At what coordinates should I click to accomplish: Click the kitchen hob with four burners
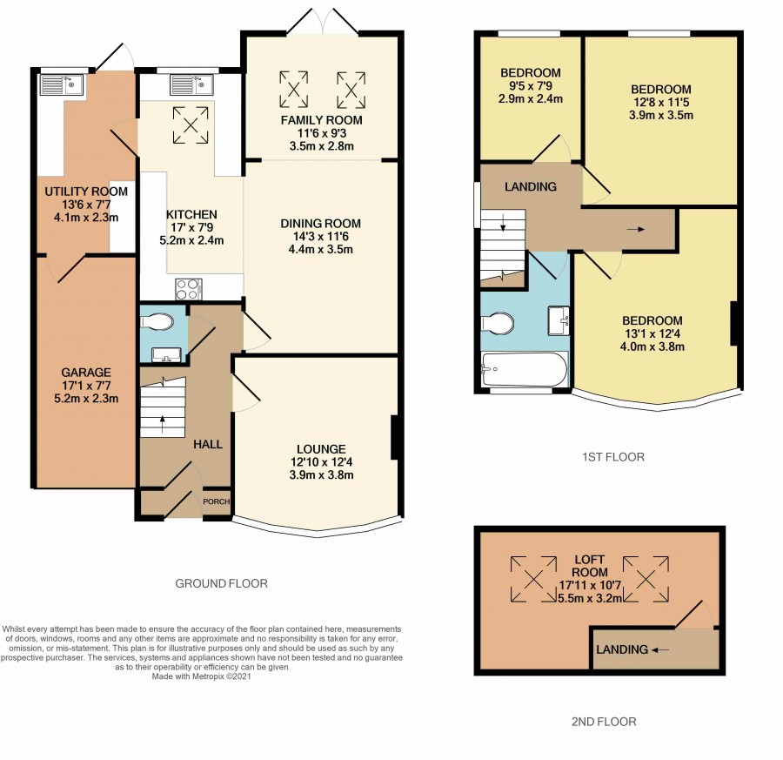[189, 289]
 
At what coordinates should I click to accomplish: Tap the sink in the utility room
[63, 85]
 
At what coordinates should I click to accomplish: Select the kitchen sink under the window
[191, 85]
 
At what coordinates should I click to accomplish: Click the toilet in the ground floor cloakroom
[157, 321]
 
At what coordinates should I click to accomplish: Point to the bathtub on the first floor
[525, 369]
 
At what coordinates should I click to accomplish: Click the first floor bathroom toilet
[498, 322]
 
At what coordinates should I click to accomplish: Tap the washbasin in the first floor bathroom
[559, 320]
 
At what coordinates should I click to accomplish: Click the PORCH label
[217, 501]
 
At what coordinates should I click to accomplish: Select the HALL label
[208, 444]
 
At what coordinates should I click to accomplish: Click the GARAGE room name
[86, 373]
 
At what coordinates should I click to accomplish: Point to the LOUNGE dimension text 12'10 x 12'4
[322, 462]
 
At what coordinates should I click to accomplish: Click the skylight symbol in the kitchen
[191, 125]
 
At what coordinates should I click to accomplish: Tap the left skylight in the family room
[294, 90]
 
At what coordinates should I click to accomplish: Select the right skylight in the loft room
[646, 579]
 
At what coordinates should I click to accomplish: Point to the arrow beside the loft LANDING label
[660, 650]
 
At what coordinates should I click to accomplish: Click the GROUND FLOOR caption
[221, 583]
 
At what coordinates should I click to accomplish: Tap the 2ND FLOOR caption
[604, 722]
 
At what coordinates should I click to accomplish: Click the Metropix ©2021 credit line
[201, 676]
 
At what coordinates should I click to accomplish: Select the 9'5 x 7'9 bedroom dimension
[531, 85]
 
